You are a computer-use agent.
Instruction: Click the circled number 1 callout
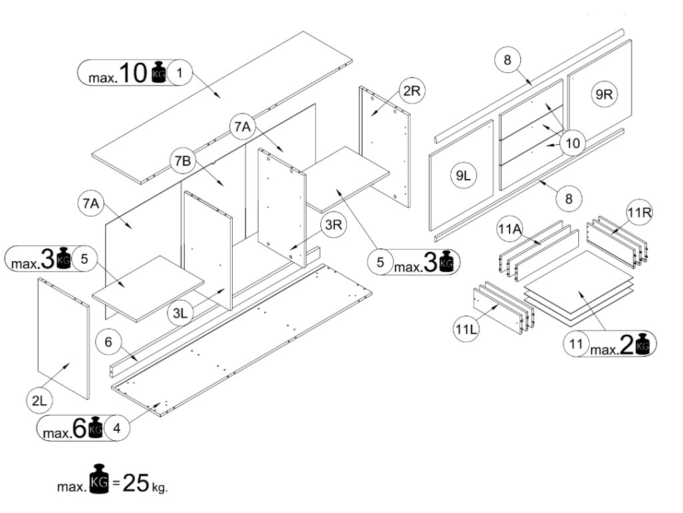[x=179, y=72]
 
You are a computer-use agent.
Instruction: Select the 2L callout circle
[x=38, y=401]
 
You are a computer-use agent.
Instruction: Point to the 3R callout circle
[x=331, y=226]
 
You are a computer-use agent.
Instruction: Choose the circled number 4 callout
[x=117, y=428]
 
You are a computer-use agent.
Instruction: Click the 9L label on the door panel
[x=462, y=176]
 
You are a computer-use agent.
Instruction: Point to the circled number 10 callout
[x=573, y=142]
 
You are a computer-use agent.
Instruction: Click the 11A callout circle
[x=508, y=230]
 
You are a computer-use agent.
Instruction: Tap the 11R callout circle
[x=637, y=213]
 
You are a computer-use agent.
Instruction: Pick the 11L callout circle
[x=466, y=329]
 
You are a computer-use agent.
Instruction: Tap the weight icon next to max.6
[x=95, y=429]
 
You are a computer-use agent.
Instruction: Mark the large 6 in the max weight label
[x=80, y=429]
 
